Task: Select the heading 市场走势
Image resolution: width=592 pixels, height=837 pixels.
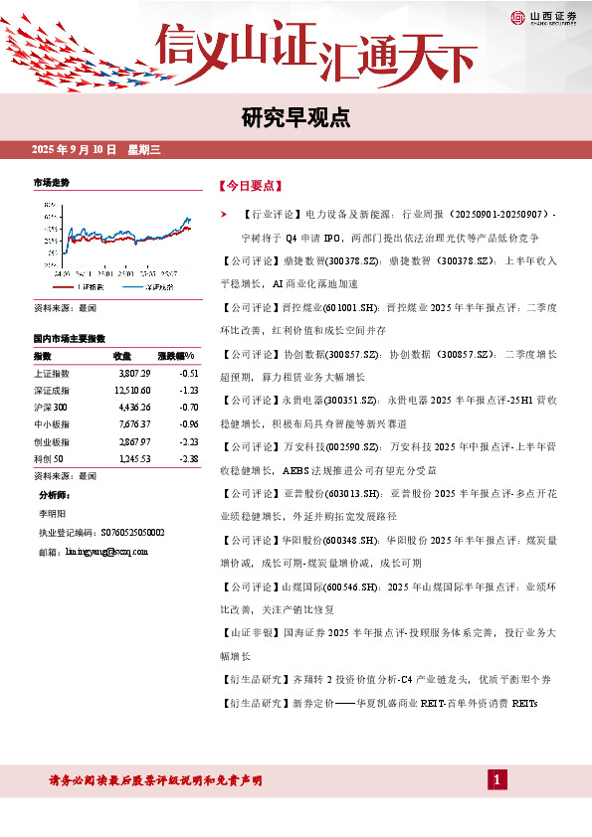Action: pyautogui.click(x=52, y=183)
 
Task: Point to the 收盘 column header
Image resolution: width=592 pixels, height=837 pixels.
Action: pyautogui.click(x=122, y=355)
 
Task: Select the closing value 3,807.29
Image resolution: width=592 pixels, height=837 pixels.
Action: pyautogui.click(x=133, y=372)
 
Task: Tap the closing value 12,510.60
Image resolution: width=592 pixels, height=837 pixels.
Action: pyautogui.click(x=131, y=390)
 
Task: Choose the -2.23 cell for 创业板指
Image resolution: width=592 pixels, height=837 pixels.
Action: pyautogui.click(x=186, y=440)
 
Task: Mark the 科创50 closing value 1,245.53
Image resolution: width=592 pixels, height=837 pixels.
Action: pyautogui.click(x=132, y=458)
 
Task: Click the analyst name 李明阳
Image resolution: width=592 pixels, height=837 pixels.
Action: pyautogui.click(x=51, y=515)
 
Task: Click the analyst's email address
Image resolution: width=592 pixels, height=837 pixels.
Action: pyautogui.click(x=106, y=550)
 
